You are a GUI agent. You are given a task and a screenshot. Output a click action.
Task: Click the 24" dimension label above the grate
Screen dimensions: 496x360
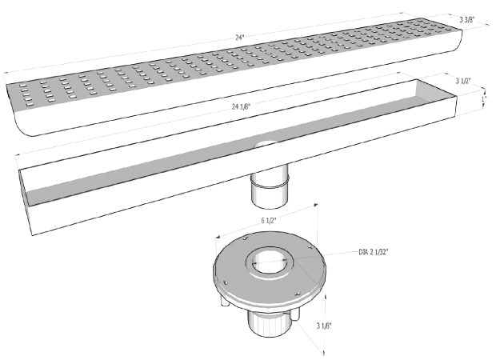tap(240, 38)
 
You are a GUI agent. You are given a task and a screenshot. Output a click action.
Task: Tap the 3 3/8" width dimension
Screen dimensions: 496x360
tap(467, 20)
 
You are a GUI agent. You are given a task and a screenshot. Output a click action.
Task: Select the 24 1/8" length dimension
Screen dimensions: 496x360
tap(241, 106)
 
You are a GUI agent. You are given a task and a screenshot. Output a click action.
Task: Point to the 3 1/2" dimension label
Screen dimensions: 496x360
tap(463, 81)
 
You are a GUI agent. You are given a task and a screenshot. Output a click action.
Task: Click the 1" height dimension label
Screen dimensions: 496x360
tap(484, 98)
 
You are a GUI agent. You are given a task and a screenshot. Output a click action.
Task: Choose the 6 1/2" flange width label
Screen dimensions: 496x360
tap(269, 221)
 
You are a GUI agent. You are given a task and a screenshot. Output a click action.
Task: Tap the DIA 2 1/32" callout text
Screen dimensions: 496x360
tap(374, 252)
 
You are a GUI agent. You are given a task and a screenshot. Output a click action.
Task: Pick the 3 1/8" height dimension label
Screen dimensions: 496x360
tap(324, 326)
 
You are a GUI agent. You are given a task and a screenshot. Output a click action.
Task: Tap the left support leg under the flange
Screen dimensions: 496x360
tap(224, 300)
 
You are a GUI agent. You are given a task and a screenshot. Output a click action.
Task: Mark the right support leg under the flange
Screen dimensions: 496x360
tap(295, 314)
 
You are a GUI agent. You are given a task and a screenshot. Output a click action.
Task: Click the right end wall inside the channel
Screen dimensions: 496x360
tap(436, 93)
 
